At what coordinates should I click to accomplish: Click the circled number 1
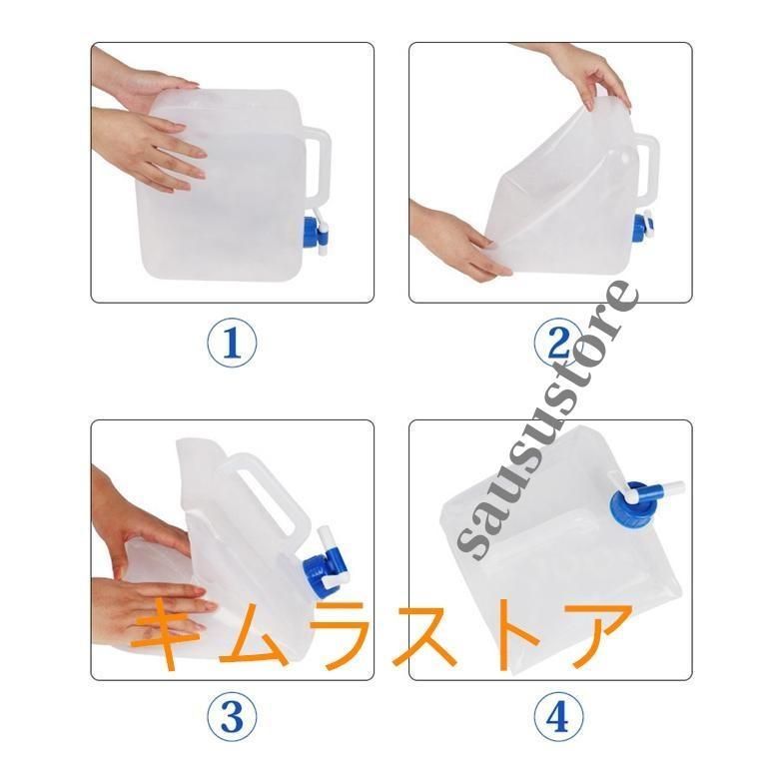pos(232,343)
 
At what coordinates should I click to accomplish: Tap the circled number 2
pos(558,343)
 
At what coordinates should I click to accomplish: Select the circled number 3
pos(232,716)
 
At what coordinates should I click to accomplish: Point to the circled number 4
pos(558,716)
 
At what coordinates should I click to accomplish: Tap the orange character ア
pos(595,634)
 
